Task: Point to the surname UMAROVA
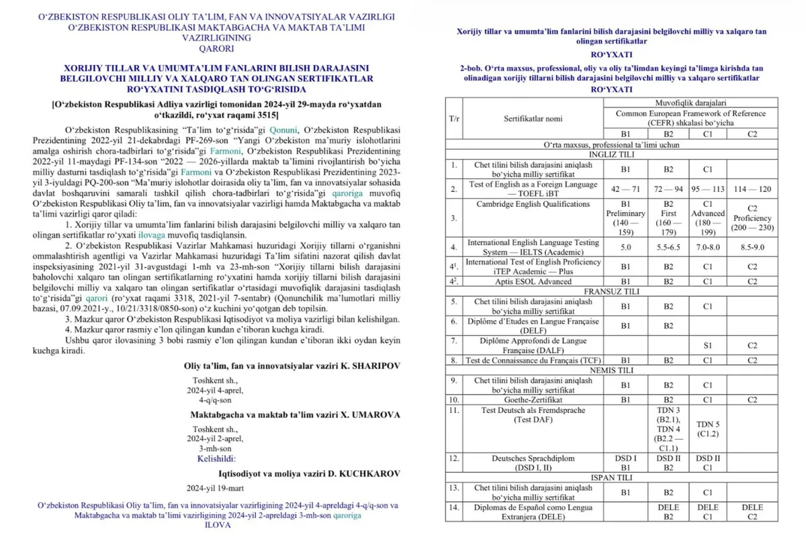(375, 416)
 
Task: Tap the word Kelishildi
(216, 460)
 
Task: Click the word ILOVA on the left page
(217, 526)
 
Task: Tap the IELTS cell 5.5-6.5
(667, 247)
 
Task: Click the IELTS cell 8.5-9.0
(752, 247)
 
